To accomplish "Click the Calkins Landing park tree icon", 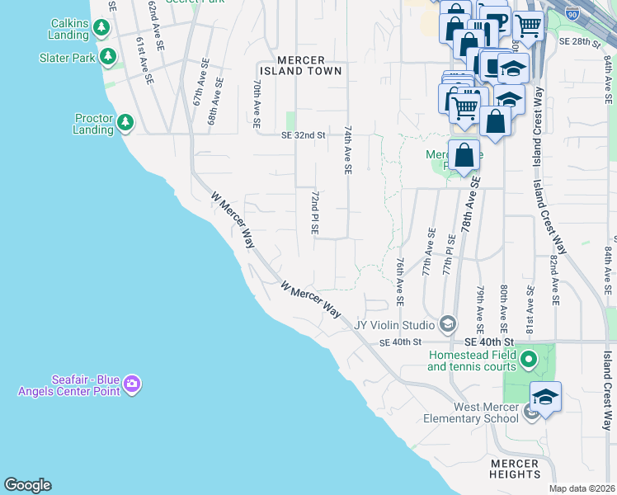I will [101, 28].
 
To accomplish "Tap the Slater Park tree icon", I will [107, 57].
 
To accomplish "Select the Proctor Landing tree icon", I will [125, 123].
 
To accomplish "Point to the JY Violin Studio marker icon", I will [448, 323].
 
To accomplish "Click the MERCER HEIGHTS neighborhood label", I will [514, 469].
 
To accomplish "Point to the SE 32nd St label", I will [304, 134].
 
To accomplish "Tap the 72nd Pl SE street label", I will [314, 213].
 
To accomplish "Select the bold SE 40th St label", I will [489, 342].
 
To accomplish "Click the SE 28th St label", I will [576, 40].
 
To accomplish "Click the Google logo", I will [27, 485].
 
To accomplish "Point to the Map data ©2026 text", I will [582, 488].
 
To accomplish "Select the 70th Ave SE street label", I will [257, 103].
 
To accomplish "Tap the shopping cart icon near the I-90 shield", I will [527, 24].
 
